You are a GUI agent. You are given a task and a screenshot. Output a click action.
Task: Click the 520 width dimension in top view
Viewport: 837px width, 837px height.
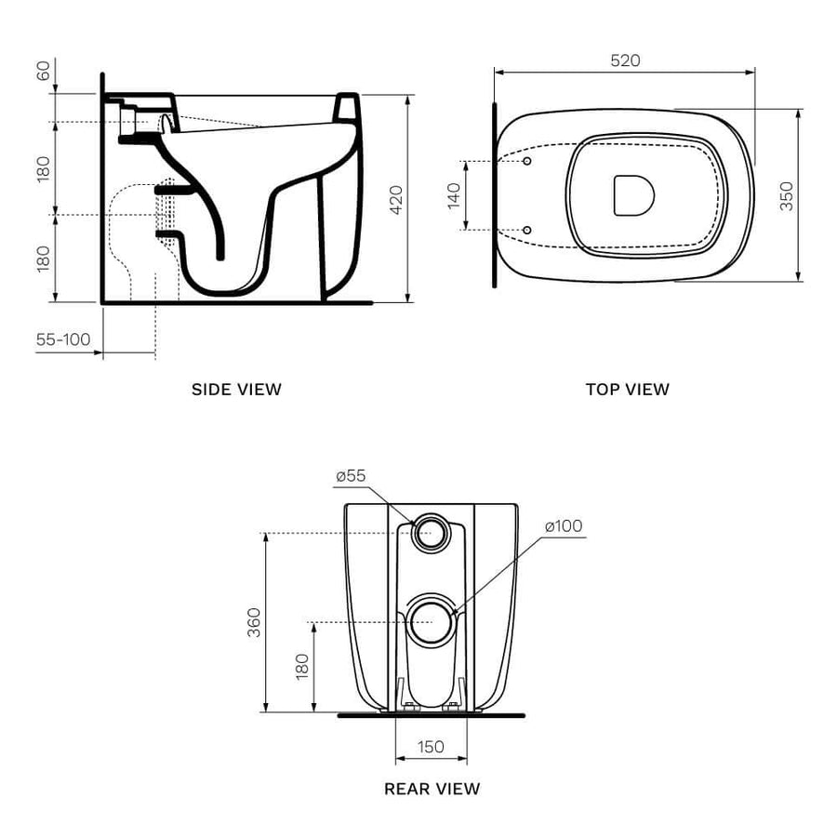click(x=625, y=60)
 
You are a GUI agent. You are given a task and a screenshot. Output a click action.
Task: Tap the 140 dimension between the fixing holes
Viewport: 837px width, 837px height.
click(x=455, y=195)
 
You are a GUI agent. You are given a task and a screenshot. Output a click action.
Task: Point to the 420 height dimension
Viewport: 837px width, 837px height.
click(x=396, y=198)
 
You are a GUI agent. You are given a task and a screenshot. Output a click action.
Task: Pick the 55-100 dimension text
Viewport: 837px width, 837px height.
click(x=63, y=339)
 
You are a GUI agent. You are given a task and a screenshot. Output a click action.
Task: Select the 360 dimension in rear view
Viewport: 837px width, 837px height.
click(x=254, y=622)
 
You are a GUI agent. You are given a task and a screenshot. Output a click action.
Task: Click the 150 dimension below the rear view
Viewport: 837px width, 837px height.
click(x=431, y=746)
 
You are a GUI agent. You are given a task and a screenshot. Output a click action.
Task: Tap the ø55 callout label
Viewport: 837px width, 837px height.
click(x=351, y=475)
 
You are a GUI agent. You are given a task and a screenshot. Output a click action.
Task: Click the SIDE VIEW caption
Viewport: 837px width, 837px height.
click(x=236, y=390)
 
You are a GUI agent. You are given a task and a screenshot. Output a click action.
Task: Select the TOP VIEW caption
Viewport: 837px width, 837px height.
click(x=627, y=390)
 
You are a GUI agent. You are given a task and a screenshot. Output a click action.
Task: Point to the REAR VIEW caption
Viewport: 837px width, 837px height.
click(x=432, y=789)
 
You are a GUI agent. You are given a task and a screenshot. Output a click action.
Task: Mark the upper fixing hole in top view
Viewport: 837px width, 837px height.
click(x=527, y=162)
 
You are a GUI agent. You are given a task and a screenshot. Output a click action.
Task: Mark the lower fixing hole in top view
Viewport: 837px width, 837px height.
click(x=527, y=229)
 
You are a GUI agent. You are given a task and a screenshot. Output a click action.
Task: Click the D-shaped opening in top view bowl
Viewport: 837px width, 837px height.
click(x=633, y=195)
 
